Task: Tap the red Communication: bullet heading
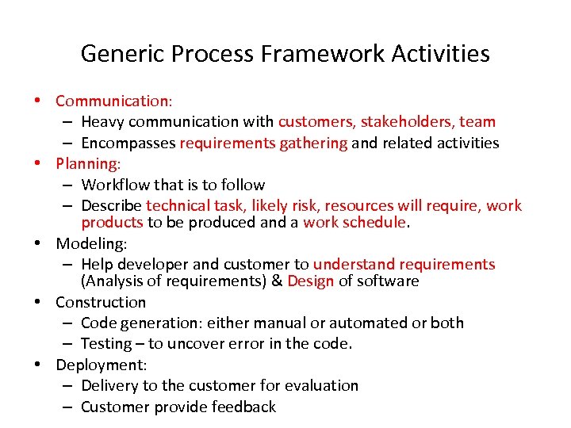tap(114, 101)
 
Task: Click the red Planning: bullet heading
tap(88, 163)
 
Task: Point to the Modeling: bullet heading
tap(90, 243)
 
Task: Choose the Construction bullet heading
tap(101, 302)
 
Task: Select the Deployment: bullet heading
tap(102, 365)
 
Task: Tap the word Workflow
tap(115, 185)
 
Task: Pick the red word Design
tap(311, 281)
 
